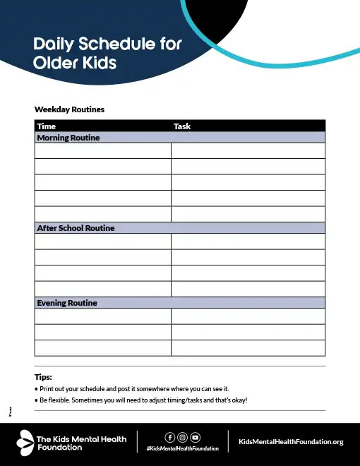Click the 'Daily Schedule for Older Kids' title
[107, 53]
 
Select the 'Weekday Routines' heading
[69, 110]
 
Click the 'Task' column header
[182, 126]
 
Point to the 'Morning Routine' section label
[68, 138]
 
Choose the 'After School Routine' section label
[76, 228]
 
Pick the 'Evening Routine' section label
[66, 303]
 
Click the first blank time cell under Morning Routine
[103, 150]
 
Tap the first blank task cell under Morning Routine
[248, 150]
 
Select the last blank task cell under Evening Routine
[248, 348]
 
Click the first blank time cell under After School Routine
[103, 241]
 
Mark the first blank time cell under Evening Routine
[103, 316]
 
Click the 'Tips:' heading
[43, 377]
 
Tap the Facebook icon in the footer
[169, 437]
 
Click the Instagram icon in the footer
[182, 437]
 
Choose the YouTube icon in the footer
[196, 437]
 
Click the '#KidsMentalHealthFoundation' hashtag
[182, 449]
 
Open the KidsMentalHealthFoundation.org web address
[292, 442]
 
